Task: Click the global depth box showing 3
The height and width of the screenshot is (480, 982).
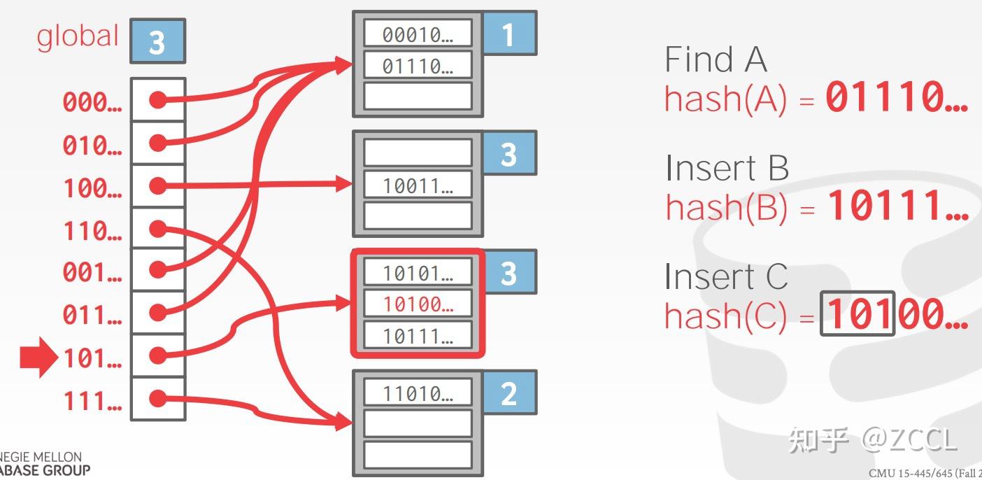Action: tap(157, 41)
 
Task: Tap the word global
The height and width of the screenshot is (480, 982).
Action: tap(78, 36)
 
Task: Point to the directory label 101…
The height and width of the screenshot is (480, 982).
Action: tap(92, 358)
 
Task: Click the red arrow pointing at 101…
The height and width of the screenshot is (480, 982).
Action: tap(39, 358)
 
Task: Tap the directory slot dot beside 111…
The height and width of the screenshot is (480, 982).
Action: tap(159, 399)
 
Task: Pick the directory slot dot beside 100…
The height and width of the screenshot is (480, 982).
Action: tap(159, 185)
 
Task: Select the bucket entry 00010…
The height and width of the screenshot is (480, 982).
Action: tap(418, 34)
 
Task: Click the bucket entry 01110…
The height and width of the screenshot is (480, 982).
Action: tap(418, 66)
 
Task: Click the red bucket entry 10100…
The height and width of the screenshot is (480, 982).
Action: tap(418, 304)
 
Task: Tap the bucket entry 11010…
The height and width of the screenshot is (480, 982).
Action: tap(418, 393)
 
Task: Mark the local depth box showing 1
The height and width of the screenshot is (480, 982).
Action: tap(508, 34)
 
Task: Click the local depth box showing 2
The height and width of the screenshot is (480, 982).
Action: tap(508, 394)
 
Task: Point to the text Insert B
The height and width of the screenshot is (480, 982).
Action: tap(727, 168)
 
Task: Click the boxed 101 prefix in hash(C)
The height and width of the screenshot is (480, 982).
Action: tap(858, 314)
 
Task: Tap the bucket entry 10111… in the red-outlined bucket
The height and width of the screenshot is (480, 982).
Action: tap(418, 336)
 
